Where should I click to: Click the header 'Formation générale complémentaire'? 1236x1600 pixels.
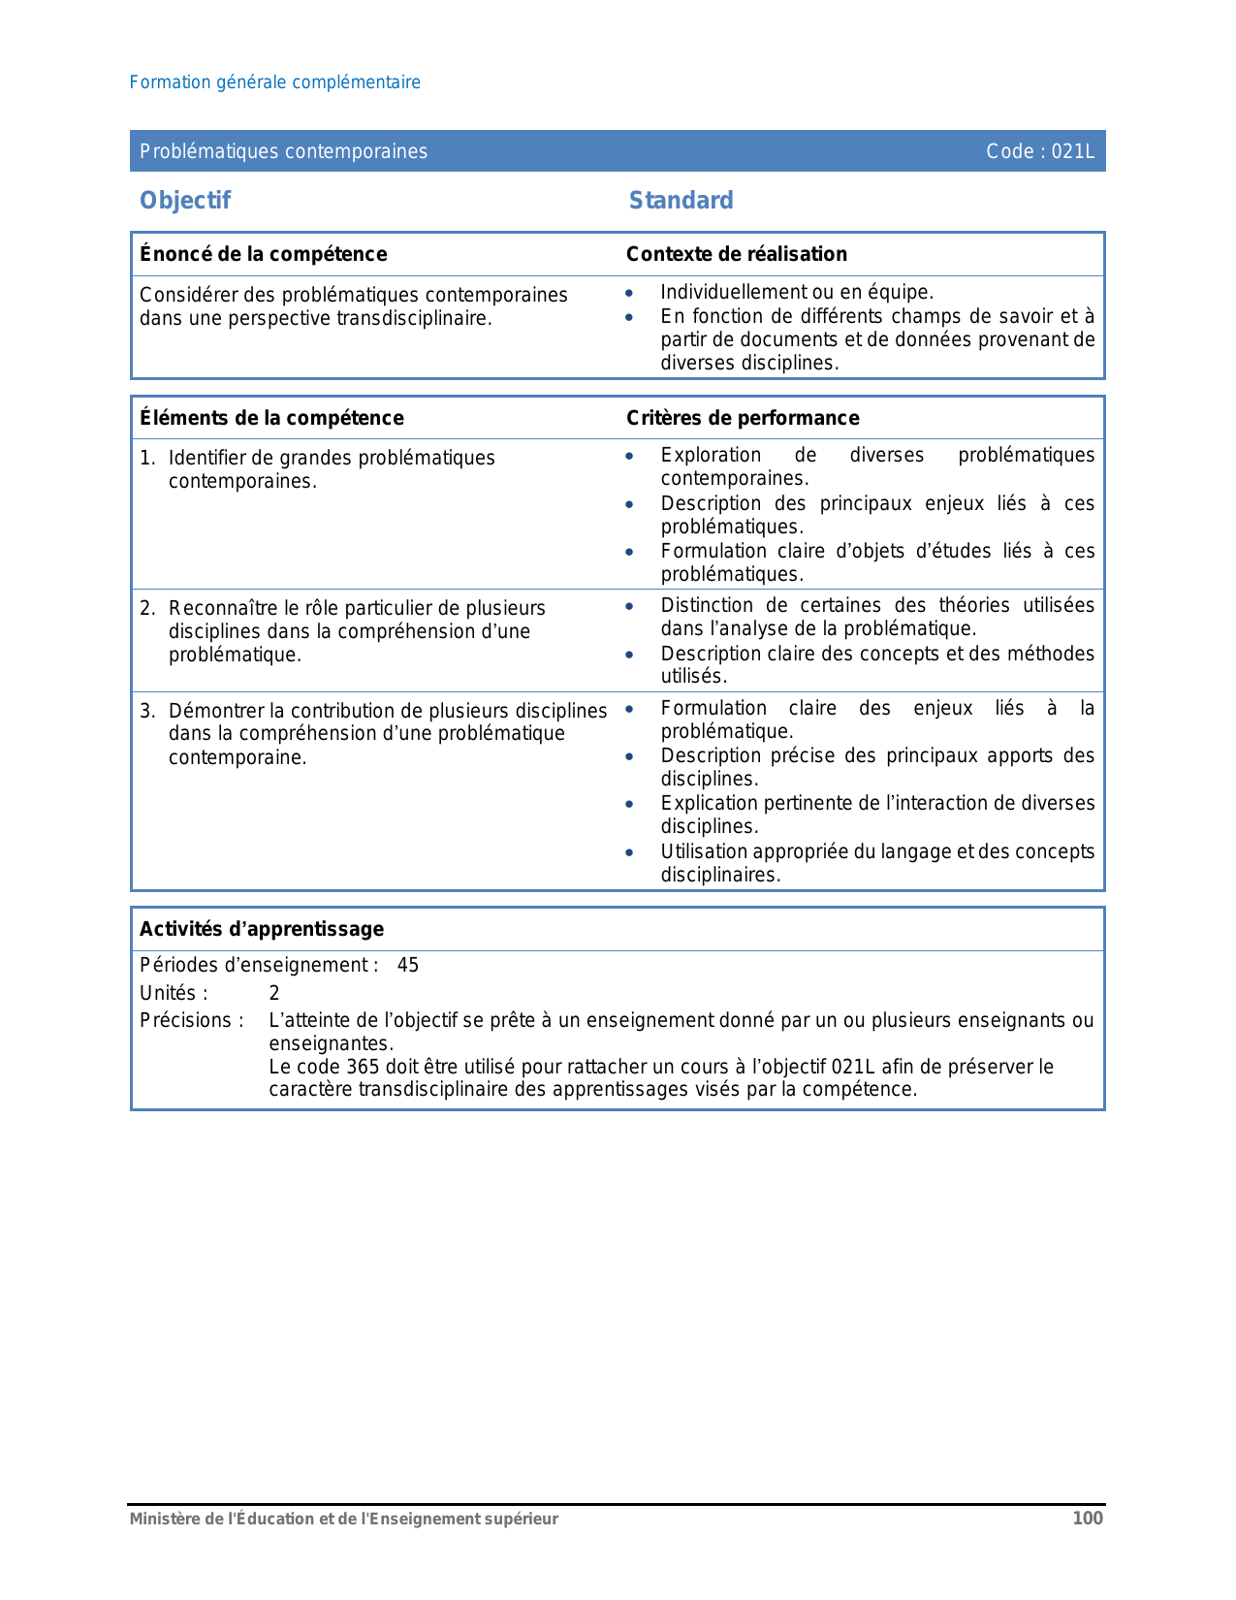coord(274,82)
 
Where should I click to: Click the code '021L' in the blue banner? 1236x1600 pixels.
coord(1073,151)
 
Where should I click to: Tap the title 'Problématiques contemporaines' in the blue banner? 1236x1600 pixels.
coord(283,151)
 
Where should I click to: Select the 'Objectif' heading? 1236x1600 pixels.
coord(185,201)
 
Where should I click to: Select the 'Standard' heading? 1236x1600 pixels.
coord(681,201)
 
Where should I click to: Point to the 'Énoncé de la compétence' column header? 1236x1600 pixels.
coord(263,254)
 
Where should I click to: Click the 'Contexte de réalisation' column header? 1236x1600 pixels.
coord(736,254)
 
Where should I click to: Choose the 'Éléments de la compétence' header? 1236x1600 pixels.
coord(271,418)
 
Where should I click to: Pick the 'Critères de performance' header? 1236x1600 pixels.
coord(743,418)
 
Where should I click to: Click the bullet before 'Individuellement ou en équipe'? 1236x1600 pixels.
coord(630,293)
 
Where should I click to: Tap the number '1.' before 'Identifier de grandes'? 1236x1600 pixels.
coord(147,458)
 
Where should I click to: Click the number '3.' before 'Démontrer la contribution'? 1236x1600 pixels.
coord(147,711)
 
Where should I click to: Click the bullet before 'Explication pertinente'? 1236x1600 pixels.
coord(630,804)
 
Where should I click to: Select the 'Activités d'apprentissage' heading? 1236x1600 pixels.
coord(262,929)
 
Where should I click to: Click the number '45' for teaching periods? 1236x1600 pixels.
coord(408,965)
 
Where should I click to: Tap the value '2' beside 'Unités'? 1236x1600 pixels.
coord(274,993)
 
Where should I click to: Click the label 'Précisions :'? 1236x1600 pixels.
coord(192,1020)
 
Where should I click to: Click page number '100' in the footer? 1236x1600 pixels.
coord(1087,1519)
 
